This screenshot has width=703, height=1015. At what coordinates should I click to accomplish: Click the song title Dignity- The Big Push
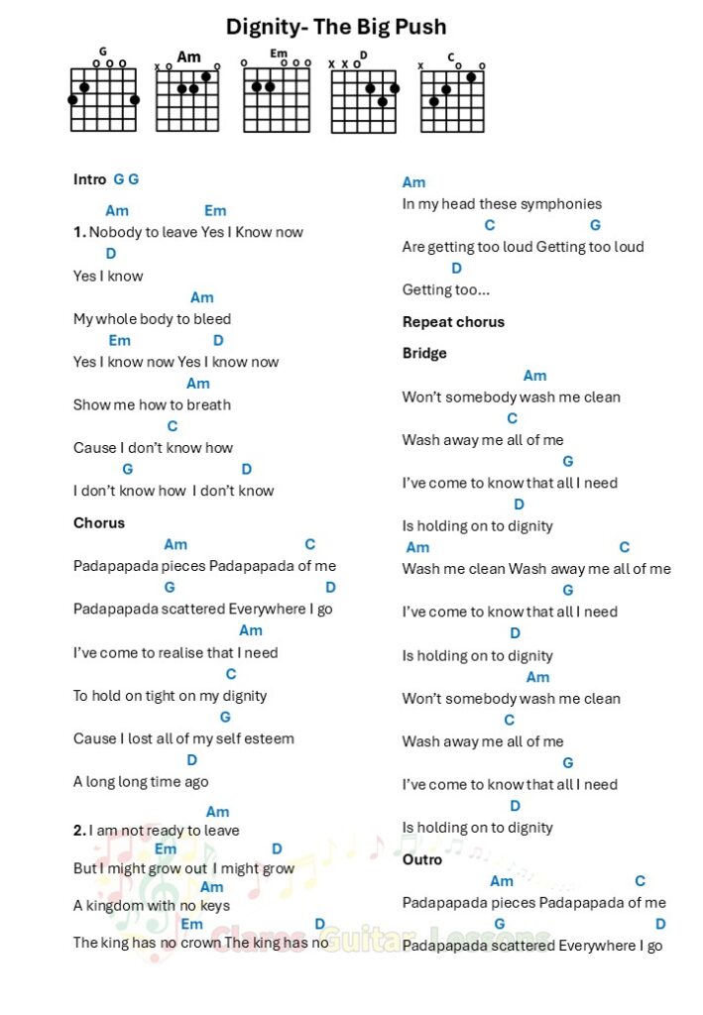(336, 27)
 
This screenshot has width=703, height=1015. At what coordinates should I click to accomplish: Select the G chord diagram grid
(103, 99)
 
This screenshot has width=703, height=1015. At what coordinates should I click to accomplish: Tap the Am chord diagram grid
(187, 99)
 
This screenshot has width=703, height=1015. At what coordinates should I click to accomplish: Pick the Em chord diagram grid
(277, 99)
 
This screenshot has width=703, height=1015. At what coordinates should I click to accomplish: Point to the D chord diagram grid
(363, 101)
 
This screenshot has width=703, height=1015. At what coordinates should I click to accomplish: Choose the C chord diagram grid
(452, 101)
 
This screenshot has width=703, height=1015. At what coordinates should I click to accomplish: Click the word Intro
(89, 179)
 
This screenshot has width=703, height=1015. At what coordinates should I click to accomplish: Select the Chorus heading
(99, 522)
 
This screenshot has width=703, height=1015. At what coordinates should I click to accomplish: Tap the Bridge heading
(424, 353)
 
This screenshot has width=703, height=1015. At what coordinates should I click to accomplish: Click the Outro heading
(422, 859)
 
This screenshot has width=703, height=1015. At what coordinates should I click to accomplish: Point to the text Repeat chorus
(453, 322)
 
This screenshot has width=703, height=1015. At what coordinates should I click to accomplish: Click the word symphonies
(560, 204)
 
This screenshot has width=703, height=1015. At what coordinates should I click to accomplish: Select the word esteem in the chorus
(272, 738)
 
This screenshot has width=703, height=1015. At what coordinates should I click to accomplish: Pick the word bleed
(213, 319)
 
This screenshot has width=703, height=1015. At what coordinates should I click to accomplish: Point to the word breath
(207, 404)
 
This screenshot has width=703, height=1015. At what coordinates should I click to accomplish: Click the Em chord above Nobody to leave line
(215, 210)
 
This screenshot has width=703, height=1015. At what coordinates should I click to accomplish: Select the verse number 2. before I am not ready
(79, 831)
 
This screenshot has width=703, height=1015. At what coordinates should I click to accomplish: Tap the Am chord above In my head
(413, 182)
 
